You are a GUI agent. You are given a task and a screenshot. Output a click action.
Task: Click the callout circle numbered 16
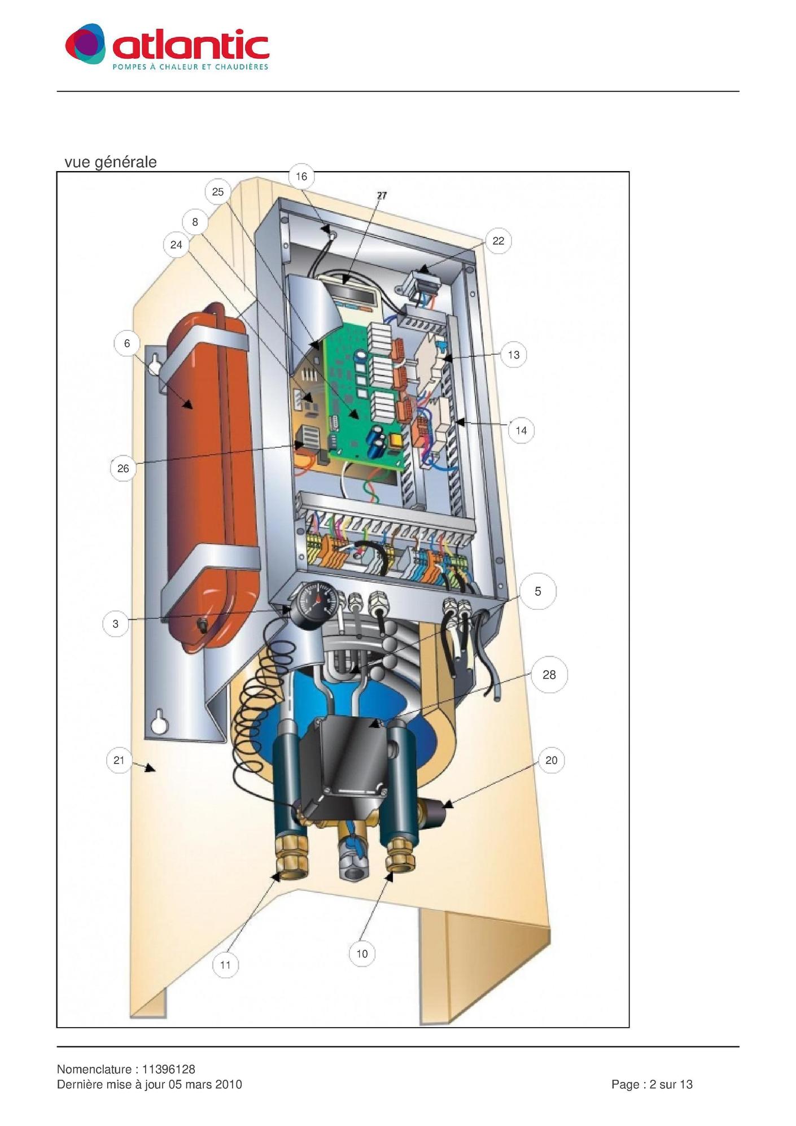301,176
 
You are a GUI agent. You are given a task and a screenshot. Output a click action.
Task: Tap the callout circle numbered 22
498,241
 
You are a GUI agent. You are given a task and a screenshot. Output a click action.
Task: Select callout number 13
513,355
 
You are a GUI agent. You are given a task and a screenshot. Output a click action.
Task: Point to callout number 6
127,343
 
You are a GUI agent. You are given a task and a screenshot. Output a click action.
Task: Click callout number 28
549,674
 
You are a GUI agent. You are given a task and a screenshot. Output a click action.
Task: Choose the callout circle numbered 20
551,760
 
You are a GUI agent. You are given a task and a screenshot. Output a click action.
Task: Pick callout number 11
225,965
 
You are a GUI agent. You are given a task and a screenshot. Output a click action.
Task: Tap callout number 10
362,954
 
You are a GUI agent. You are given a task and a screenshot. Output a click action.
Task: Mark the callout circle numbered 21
119,760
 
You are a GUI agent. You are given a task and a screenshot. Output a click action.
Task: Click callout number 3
116,624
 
